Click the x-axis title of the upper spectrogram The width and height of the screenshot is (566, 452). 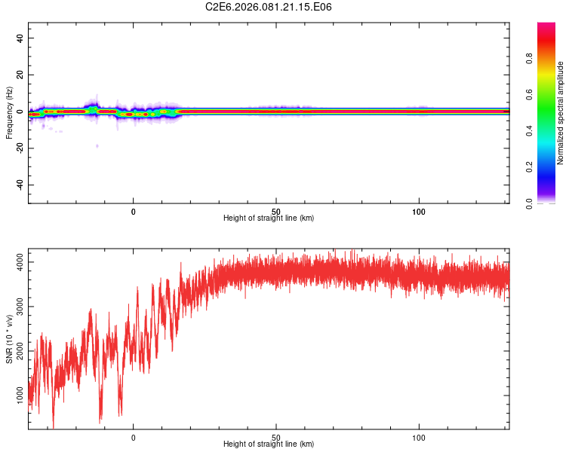[269, 218]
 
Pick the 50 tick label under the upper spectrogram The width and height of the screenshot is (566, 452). [276, 211]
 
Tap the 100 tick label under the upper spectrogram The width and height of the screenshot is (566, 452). [420, 211]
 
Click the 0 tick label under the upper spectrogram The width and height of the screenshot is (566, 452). [134, 211]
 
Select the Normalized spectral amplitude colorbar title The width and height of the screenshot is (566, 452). [561, 113]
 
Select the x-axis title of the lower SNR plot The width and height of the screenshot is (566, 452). [269, 444]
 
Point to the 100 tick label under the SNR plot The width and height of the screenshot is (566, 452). [420, 437]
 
